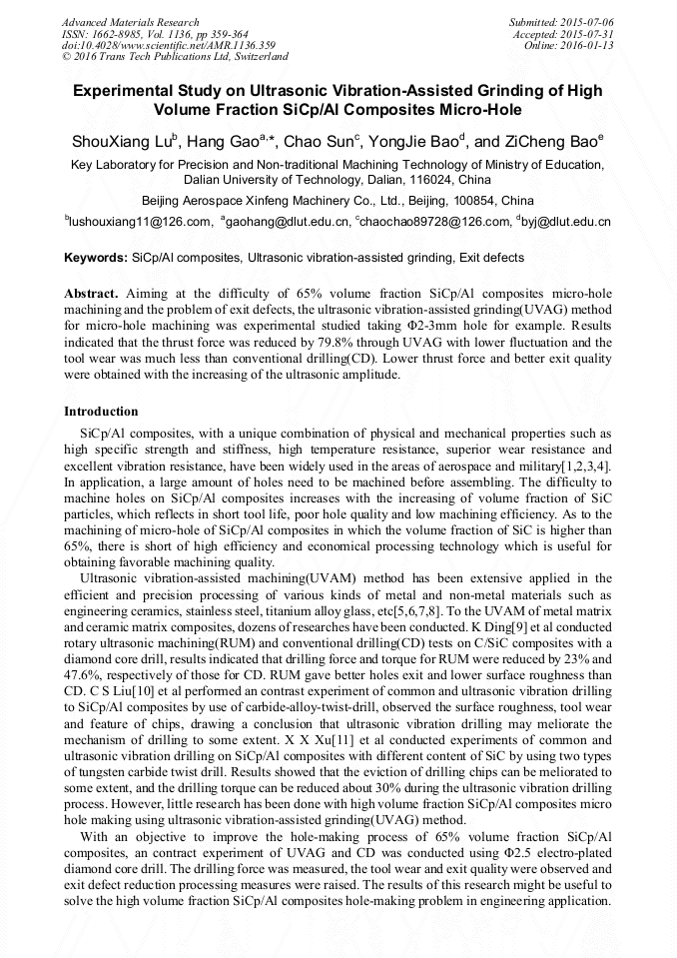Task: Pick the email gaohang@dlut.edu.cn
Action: [x=290, y=221]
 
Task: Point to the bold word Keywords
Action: [x=95, y=258]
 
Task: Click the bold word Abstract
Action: [x=92, y=295]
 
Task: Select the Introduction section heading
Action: [x=101, y=412]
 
